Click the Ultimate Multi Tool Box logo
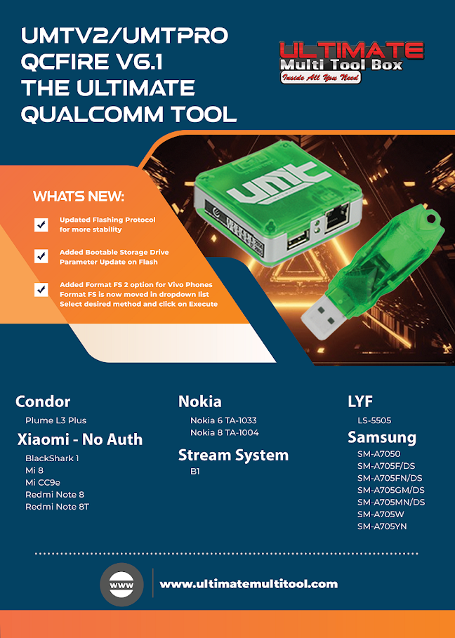pyautogui.click(x=352, y=61)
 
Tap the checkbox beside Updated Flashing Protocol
pyautogui.click(x=41, y=225)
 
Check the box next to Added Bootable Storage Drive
pyautogui.click(x=41, y=257)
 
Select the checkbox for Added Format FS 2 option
pyautogui.click(x=41, y=289)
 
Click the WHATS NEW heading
pyautogui.click(x=79, y=196)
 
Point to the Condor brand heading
pyautogui.click(x=43, y=401)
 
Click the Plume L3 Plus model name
pyautogui.click(x=55, y=420)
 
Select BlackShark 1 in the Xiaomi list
pyautogui.click(x=52, y=458)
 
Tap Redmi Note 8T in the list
pyautogui.click(x=57, y=507)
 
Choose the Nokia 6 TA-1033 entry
pyautogui.click(x=223, y=420)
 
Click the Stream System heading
pyautogui.click(x=233, y=455)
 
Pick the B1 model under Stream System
pyautogui.click(x=195, y=472)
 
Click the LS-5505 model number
pyautogui.click(x=374, y=420)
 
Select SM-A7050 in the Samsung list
pyautogui.click(x=378, y=454)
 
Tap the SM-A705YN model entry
pyautogui.click(x=382, y=526)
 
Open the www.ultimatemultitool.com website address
pyautogui.click(x=249, y=584)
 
